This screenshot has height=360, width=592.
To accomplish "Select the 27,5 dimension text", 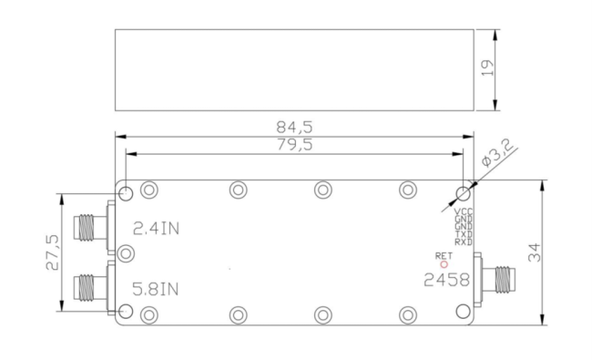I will point(52,253).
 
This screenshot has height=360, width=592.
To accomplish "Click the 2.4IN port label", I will point(156,228).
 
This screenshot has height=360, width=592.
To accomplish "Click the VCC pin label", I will point(464,212).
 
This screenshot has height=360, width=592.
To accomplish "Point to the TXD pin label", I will point(464,234).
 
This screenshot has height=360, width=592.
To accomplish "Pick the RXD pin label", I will point(464,242).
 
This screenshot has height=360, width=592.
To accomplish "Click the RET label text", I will point(444,255).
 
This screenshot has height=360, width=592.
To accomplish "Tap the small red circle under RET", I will point(444,264).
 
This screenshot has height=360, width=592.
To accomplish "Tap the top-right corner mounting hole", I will point(464,192).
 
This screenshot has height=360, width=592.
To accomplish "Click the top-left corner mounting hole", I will point(127,192).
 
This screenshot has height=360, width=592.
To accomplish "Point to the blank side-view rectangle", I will point(294,69).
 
